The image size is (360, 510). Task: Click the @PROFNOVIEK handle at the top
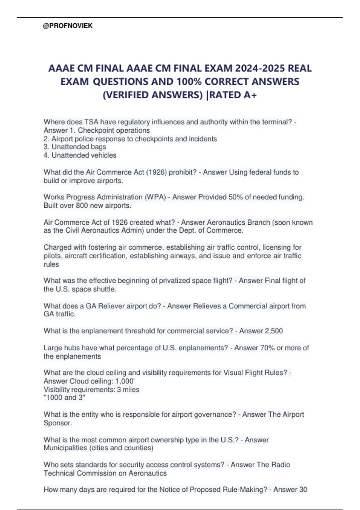(x=68, y=26)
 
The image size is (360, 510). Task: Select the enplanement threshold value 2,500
(x=274, y=331)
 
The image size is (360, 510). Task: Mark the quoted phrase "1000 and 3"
(x=64, y=398)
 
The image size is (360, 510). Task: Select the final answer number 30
(x=303, y=490)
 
